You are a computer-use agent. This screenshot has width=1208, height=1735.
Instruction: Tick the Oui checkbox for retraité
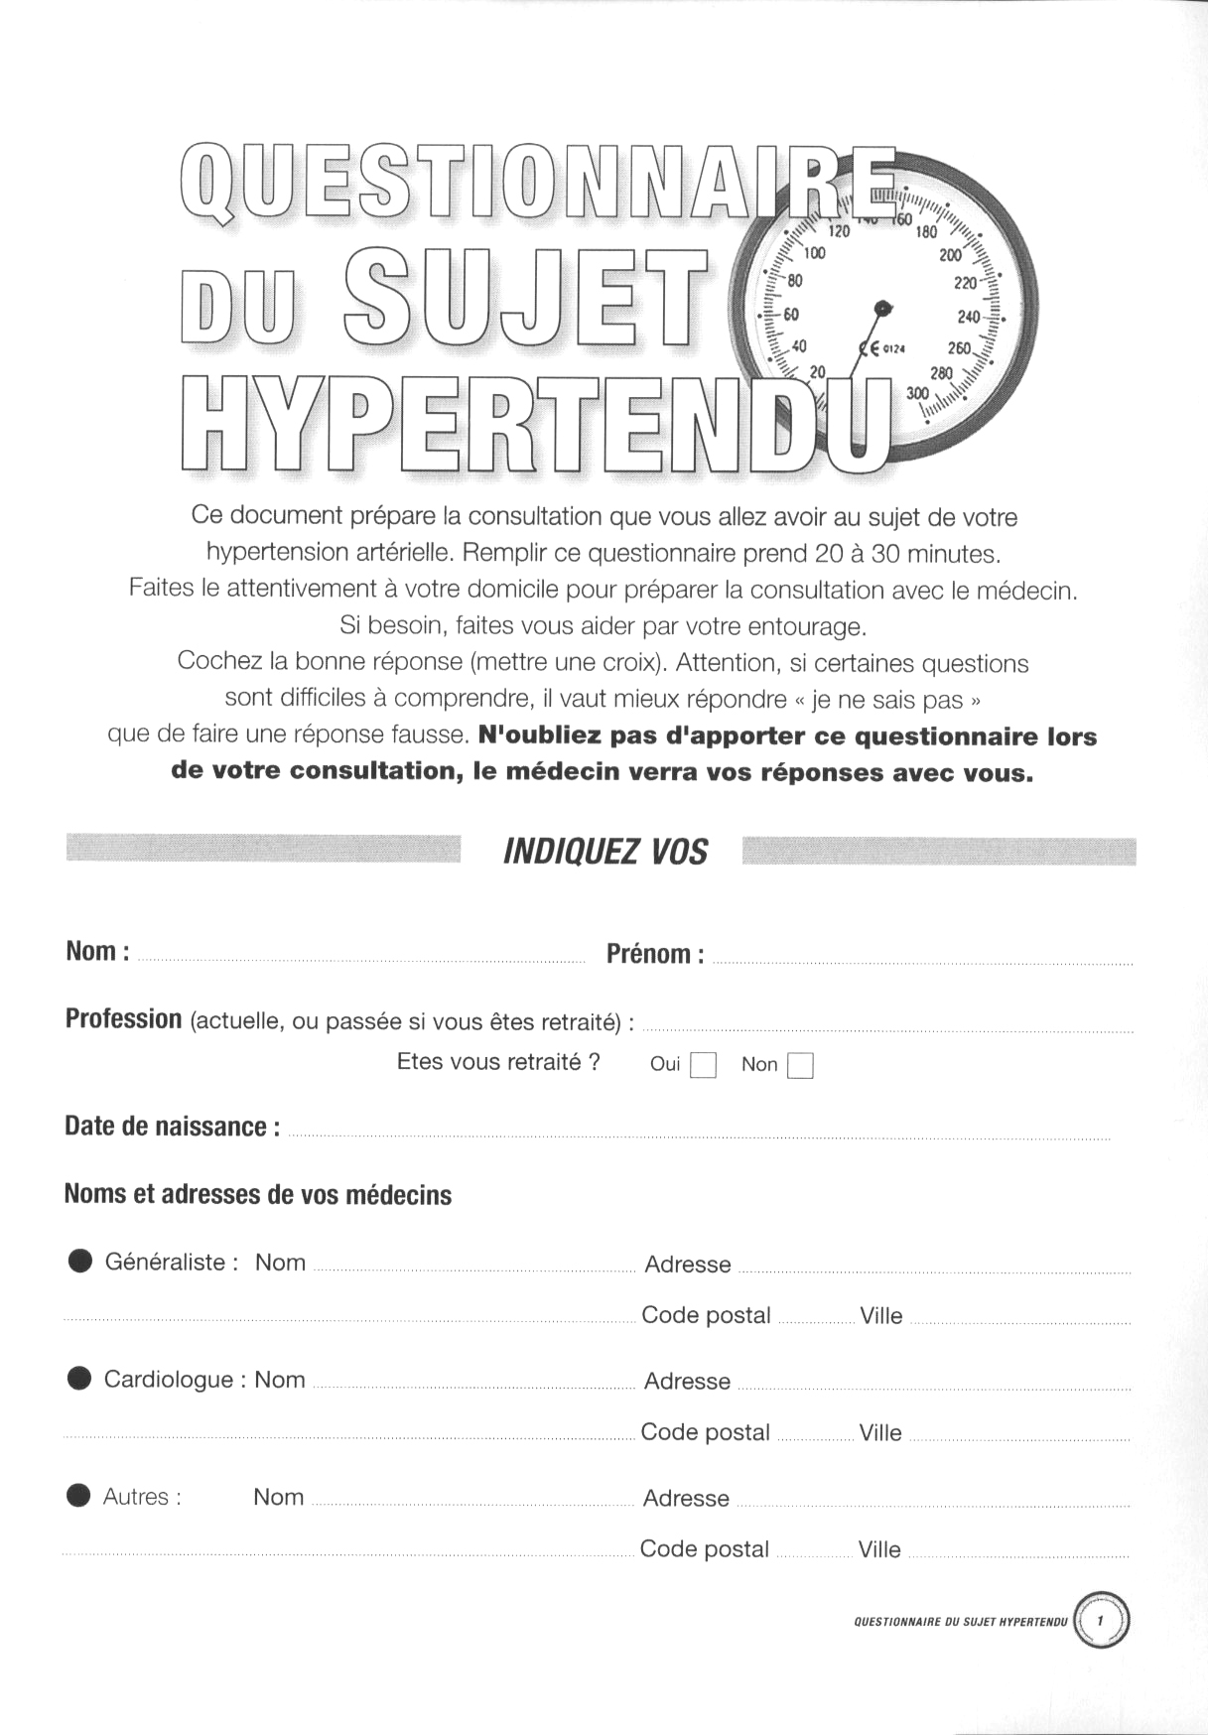[703, 1065]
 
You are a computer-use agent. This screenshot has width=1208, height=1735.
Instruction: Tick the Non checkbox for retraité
[800, 1065]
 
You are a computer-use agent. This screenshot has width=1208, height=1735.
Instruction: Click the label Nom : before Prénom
[97, 951]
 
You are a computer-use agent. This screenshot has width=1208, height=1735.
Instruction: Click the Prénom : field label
[655, 954]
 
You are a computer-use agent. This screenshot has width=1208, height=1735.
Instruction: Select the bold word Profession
[123, 1019]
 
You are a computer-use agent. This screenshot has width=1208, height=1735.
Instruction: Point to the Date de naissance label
[172, 1127]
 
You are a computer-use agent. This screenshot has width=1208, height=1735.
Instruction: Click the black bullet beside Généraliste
[79, 1262]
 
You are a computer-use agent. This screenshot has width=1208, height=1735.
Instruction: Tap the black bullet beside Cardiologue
[79, 1379]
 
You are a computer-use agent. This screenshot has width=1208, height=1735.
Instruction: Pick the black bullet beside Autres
[78, 1496]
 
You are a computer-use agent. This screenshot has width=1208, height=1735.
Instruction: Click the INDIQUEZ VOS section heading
[605, 852]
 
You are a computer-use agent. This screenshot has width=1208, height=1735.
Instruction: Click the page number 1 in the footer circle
[1101, 1620]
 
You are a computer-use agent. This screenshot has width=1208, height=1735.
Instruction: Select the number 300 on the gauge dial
[917, 394]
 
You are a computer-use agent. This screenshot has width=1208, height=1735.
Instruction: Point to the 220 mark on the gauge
[965, 283]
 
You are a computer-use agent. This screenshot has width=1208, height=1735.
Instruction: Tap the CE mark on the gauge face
[868, 347]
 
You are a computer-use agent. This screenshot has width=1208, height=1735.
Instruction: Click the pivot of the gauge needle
[881, 306]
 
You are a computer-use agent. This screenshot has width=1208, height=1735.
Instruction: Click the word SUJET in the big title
[526, 284]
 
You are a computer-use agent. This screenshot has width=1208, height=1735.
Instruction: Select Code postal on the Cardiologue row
[705, 1432]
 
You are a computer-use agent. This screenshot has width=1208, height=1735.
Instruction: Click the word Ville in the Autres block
[879, 1549]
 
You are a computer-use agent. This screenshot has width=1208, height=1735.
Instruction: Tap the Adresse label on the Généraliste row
[687, 1265]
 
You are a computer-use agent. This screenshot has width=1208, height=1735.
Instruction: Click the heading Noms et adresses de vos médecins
[258, 1194]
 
